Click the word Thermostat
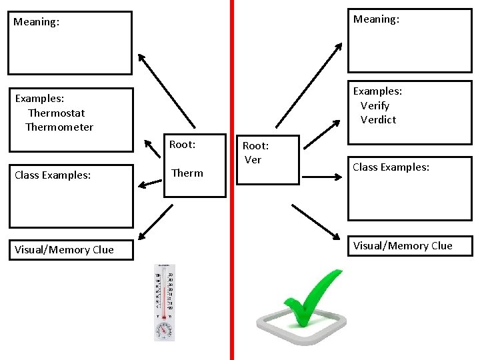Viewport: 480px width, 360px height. [x=57, y=113]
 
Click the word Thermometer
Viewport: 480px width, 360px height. [x=59, y=127]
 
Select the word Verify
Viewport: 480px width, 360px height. [x=375, y=105]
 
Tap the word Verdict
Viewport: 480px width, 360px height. [x=378, y=119]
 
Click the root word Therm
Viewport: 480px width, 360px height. [x=187, y=173]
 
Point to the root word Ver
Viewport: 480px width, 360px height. [x=253, y=159]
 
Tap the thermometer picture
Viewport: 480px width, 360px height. [x=163, y=293]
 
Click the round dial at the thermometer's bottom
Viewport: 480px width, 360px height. [x=163, y=328]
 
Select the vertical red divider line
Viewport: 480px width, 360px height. [x=232, y=200]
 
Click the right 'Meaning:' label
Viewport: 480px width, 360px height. [x=376, y=19]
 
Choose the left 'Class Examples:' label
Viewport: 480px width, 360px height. [x=53, y=175]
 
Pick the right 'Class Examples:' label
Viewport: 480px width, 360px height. [x=391, y=167]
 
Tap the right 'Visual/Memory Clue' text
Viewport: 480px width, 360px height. [x=403, y=245]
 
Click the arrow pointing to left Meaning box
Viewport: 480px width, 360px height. [x=166, y=91]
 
